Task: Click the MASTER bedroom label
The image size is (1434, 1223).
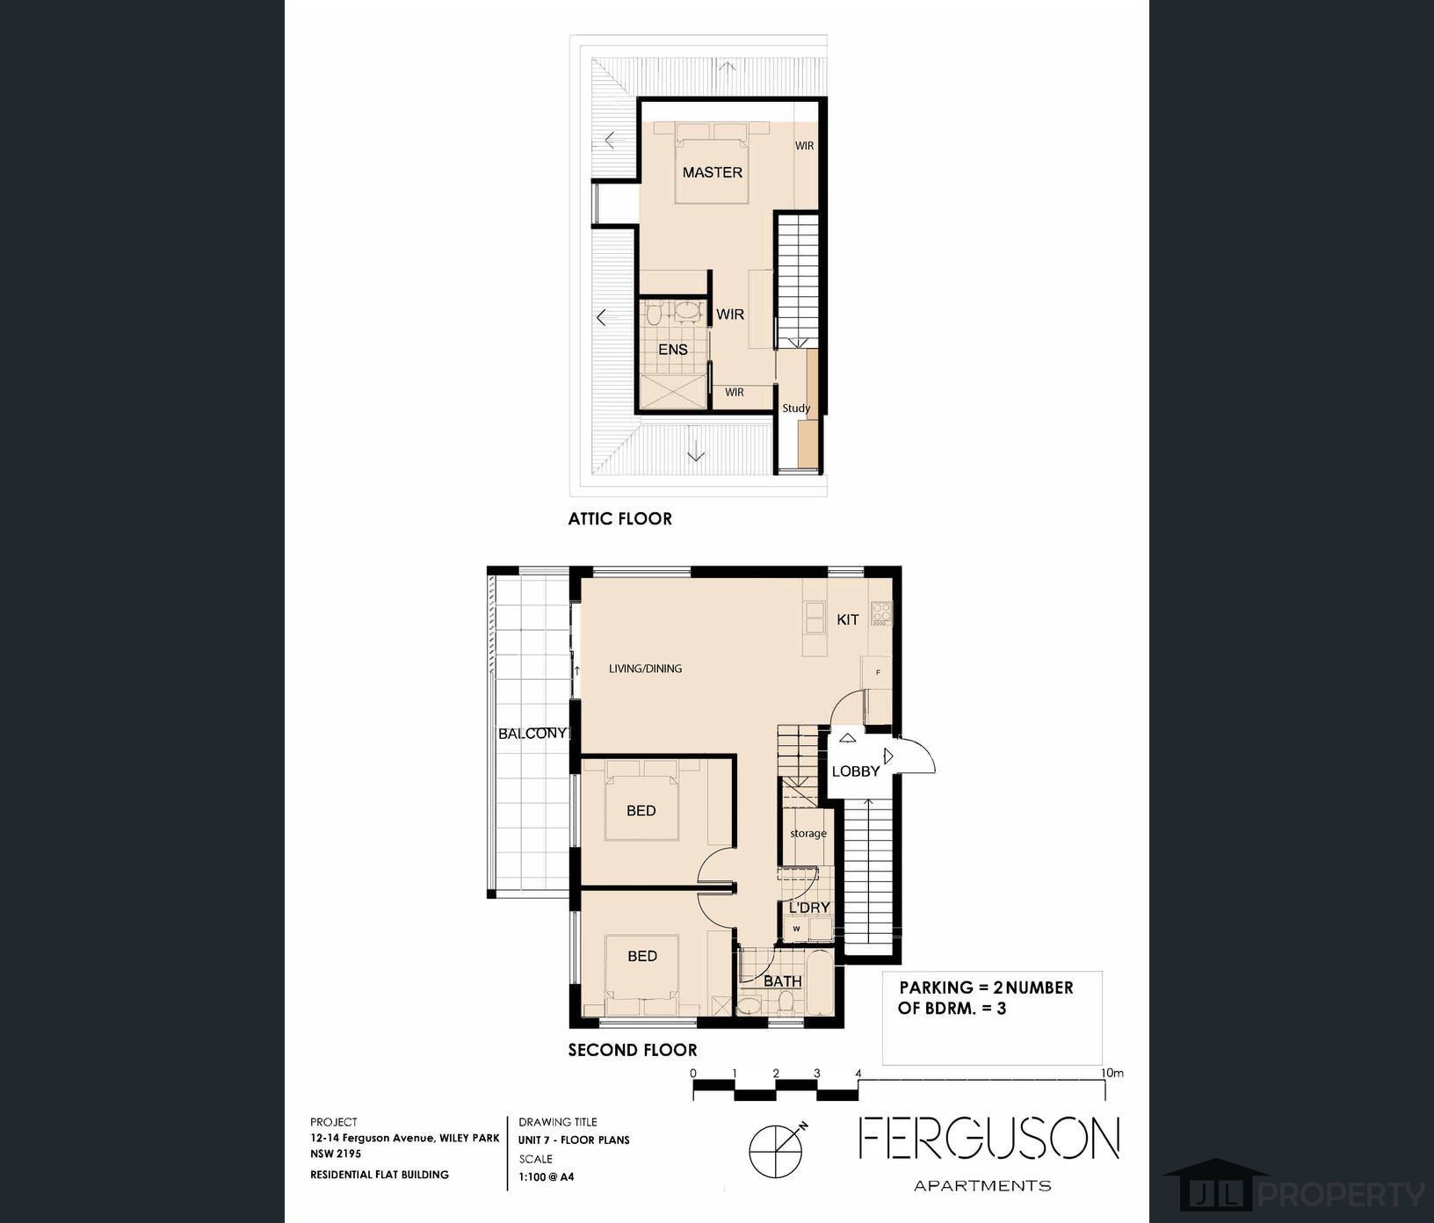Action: point(712,172)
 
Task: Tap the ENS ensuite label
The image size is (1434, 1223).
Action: point(672,350)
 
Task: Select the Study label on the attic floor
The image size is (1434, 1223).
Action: point(796,408)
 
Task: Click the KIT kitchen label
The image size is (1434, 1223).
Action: point(847,619)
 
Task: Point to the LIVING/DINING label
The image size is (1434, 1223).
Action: point(645,669)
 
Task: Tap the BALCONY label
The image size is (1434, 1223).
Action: point(532,733)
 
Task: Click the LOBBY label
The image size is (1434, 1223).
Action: point(855,771)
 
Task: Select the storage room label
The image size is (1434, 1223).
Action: point(808,833)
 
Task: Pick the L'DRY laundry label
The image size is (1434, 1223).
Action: point(808,908)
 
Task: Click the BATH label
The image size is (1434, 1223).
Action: point(782,981)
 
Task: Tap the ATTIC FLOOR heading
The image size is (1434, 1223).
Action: point(619,518)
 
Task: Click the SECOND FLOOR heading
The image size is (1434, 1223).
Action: point(632,1050)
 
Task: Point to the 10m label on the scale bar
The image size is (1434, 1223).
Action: point(1112,1073)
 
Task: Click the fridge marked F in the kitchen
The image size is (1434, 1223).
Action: point(878,673)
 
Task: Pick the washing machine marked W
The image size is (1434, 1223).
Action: point(796,928)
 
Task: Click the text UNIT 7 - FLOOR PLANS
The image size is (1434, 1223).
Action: point(573,1140)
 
